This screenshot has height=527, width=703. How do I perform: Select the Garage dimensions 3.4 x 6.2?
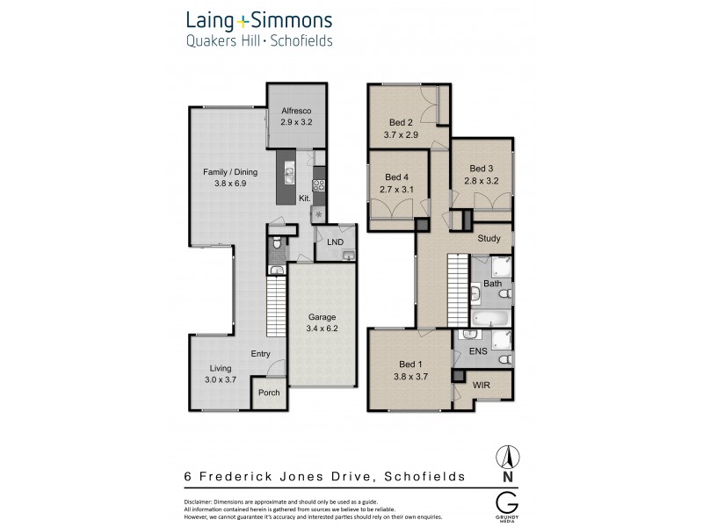click(322, 328)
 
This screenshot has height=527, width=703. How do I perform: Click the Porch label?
click(269, 393)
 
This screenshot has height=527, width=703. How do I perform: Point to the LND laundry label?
click(335, 242)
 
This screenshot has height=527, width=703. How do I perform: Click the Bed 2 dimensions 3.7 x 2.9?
click(402, 135)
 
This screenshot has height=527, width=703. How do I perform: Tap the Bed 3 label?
click(481, 169)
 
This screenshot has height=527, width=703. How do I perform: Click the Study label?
click(489, 239)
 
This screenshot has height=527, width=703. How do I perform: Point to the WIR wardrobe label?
click(482, 386)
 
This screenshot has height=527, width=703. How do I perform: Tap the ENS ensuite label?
click(478, 351)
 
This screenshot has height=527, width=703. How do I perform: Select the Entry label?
click(260, 354)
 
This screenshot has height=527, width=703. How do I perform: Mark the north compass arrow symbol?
click(506, 457)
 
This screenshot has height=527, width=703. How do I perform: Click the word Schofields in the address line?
click(423, 476)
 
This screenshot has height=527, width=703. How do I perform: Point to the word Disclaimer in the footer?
click(202, 501)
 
